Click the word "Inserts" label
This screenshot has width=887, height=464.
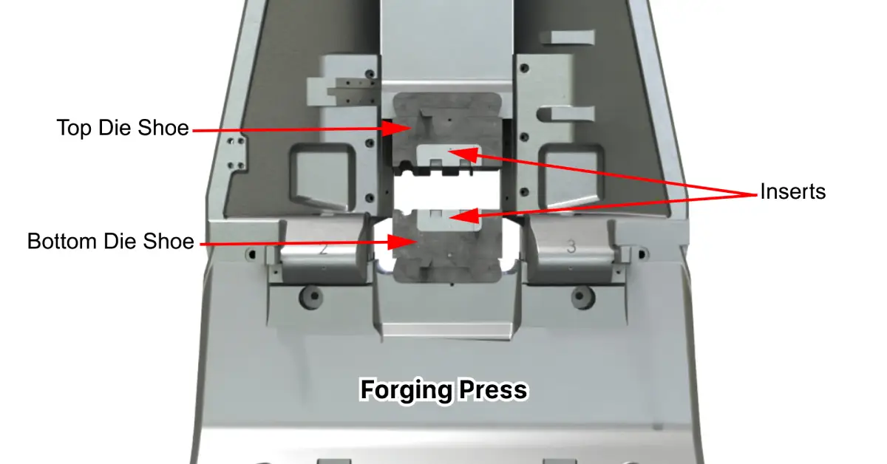pos(792,192)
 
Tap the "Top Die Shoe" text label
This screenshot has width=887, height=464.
pos(123,129)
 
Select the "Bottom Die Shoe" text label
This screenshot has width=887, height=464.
pos(111,242)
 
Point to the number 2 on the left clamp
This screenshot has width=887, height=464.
pos(323,248)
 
